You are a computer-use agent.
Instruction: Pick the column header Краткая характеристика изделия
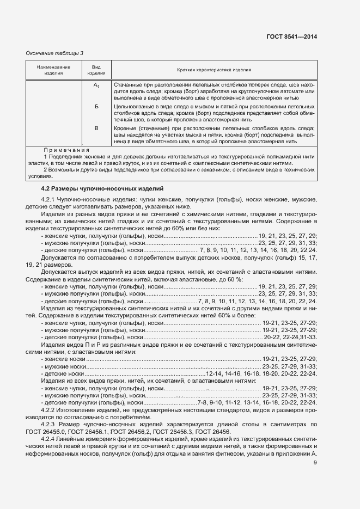213,70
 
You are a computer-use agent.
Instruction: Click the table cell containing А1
96,85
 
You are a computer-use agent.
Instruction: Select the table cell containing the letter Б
96,107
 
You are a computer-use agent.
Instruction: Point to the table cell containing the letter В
96,128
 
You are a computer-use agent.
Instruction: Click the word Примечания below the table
66,149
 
